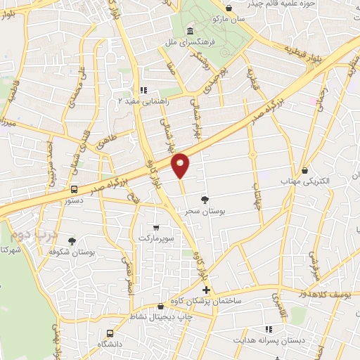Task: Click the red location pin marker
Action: click(181, 165)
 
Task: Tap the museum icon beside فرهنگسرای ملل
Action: click(191, 31)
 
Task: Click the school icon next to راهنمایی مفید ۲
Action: click(143, 91)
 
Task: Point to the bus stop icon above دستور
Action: click(74, 189)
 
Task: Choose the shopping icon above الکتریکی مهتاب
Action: click(304, 169)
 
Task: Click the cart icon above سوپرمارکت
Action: click(156, 228)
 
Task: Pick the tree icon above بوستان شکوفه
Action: click(72, 240)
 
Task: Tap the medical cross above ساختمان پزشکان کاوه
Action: click(206, 290)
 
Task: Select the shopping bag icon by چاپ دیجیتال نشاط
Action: click(162, 307)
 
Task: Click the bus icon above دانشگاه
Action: click(110, 333)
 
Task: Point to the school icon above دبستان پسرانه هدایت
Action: click(268, 329)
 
